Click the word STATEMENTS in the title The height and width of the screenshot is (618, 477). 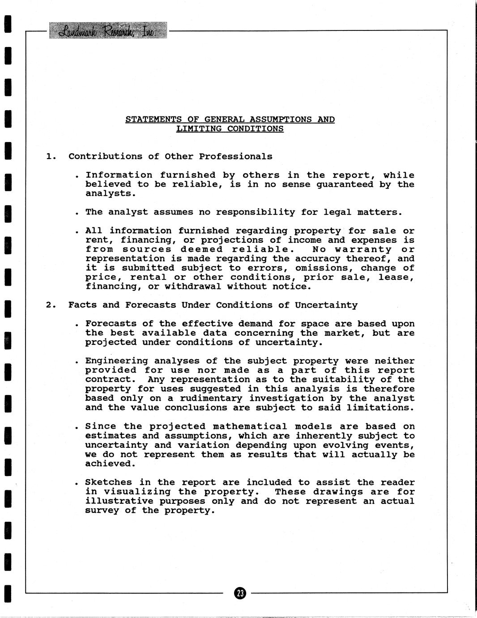(153, 119)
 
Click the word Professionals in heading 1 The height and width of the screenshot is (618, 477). (235, 156)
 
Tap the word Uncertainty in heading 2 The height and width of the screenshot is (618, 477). (326, 305)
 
